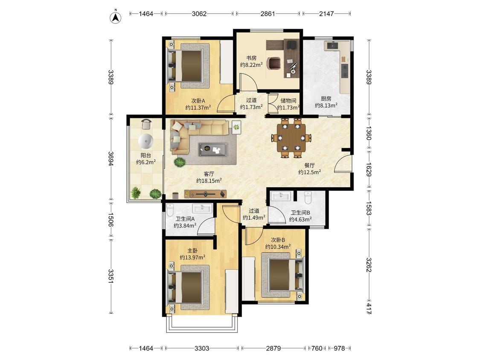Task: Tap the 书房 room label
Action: (x=251, y=58)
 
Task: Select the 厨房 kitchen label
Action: (x=326, y=99)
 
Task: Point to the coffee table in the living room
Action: (x=213, y=149)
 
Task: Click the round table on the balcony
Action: (x=146, y=141)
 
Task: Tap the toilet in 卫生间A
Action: (x=170, y=210)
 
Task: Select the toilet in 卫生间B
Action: (x=308, y=197)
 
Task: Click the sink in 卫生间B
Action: (x=281, y=196)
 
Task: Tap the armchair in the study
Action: (x=273, y=63)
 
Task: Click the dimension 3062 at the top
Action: (x=199, y=14)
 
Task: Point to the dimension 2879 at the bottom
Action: (x=273, y=348)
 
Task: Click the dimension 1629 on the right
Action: (x=369, y=169)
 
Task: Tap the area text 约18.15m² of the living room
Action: (x=209, y=180)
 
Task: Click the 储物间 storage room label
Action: (x=288, y=100)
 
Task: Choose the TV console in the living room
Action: (x=205, y=194)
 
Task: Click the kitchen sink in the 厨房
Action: (x=332, y=45)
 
